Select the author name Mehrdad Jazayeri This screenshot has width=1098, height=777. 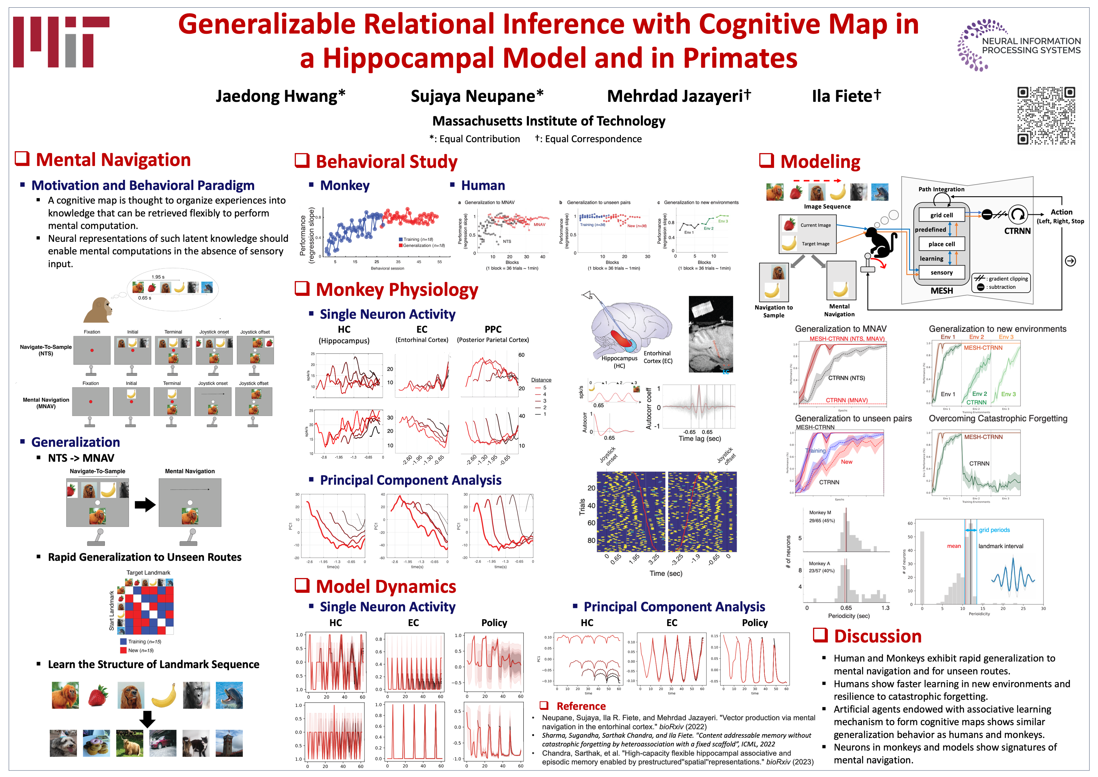pyautogui.click(x=678, y=96)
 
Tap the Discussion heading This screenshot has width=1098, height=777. pyautogui.click(x=878, y=636)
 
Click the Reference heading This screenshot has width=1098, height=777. pyautogui.click(x=581, y=706)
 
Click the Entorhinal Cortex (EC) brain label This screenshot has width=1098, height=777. pyautogui.click(x=657, y=357)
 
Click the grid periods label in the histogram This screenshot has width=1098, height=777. pyautogui.click(x=994, y=530)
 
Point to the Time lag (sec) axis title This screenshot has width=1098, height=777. pyautogui.click(x=699, y=439)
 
